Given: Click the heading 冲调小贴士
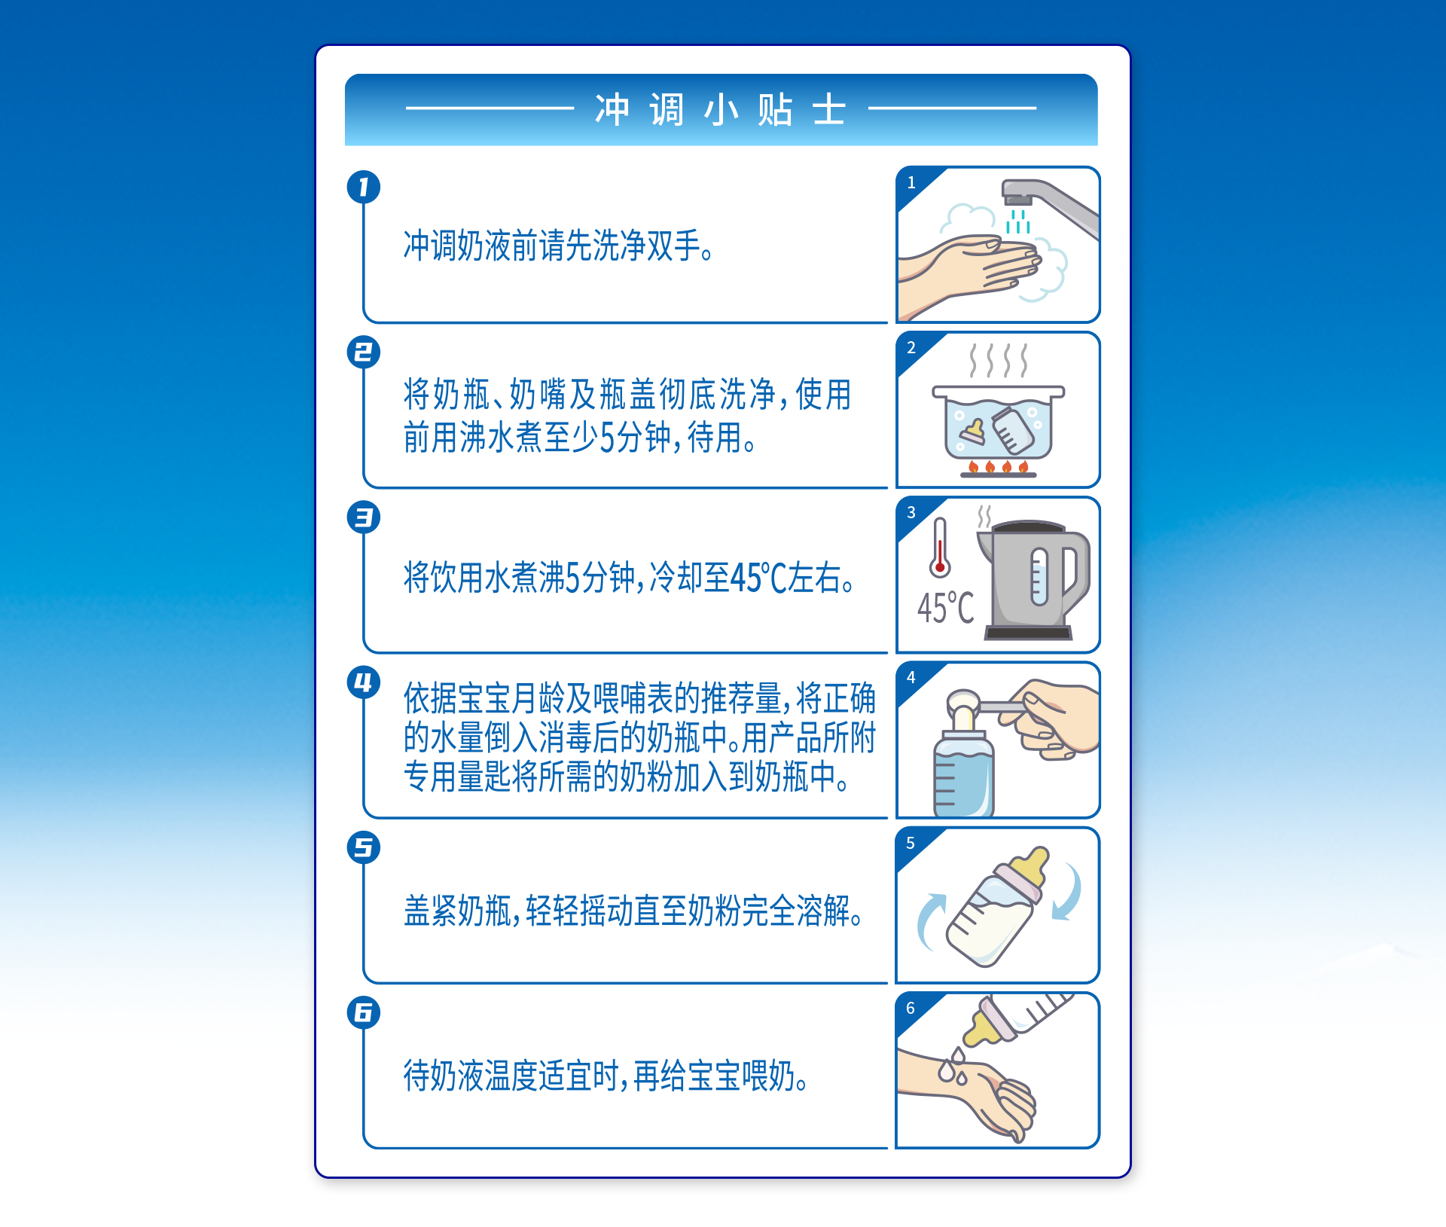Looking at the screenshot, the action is [x=721, y=110].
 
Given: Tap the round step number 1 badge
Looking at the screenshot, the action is [x=364, y=187].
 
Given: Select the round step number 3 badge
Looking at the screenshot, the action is [x=364, y=517].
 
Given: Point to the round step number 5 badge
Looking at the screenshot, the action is [x=364, y=847].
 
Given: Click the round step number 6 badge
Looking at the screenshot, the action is [x=364, y=1012].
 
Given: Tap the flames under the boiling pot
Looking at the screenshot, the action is [x=998, y=467].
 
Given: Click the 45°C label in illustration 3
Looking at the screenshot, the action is [x=946, y=608].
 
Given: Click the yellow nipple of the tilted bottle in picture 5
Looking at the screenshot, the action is [x=1030, y=866].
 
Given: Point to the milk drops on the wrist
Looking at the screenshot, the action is [x=953, y=1068].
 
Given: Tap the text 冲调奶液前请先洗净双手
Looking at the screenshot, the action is [x=559, y=246].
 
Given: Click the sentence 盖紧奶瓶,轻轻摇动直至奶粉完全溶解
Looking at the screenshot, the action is [x=633, y=911].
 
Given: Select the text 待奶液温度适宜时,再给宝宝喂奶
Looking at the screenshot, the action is [x=606, y=1076].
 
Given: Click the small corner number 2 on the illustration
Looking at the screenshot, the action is [x=911, y=348].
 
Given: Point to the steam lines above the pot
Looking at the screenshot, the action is [x=998, y=360].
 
